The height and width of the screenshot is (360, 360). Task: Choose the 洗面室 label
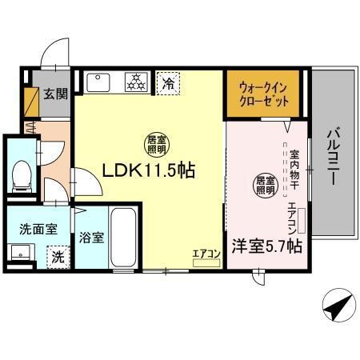(38, 228)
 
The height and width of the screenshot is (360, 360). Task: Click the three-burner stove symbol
(137, 81)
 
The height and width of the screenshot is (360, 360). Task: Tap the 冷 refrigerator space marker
(168, 82)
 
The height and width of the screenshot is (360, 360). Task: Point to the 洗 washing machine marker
(58, 258)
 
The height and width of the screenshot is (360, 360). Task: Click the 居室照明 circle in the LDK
(156, 144)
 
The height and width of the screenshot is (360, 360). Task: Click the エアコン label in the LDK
(206, 255)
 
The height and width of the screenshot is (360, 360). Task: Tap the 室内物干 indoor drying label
(294, 167)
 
